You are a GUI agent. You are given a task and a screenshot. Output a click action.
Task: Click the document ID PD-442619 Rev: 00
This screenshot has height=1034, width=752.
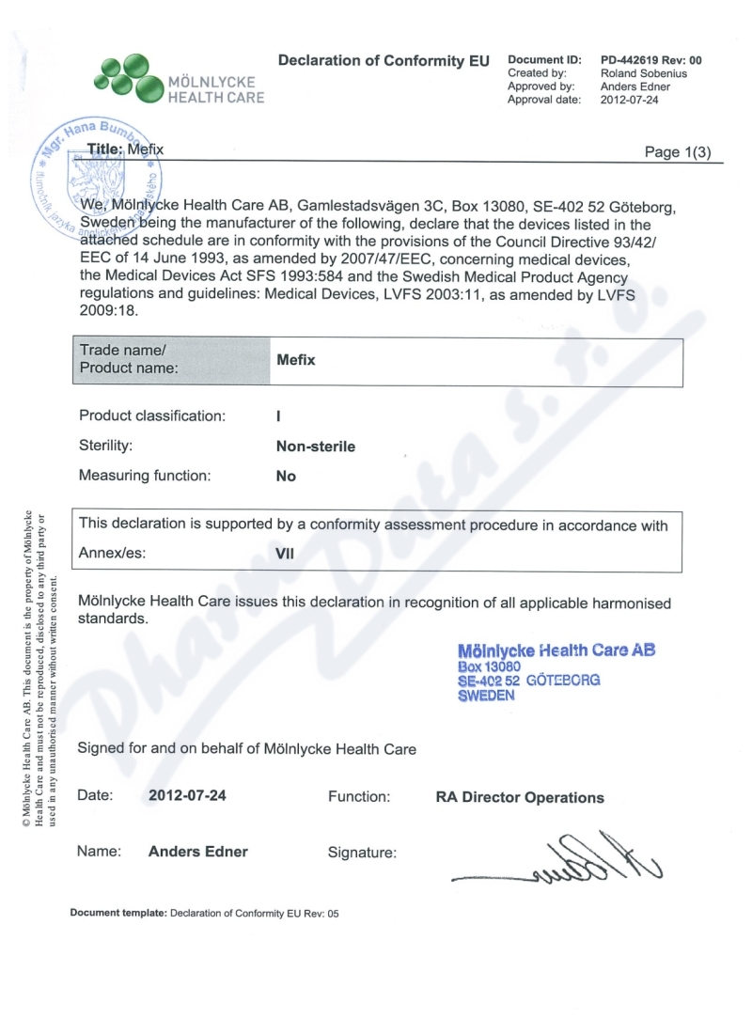(650, 60)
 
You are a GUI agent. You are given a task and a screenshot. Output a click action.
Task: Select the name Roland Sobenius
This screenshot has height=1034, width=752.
(640, 72)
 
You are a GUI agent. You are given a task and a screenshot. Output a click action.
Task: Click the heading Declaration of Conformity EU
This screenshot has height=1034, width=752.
(384, 60)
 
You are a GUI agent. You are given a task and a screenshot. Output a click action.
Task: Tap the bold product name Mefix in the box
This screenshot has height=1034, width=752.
(295, 360)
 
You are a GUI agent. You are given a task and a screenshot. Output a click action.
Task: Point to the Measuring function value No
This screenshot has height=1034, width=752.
(286, 476)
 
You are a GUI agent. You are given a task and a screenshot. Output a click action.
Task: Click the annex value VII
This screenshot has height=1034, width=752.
(285, 554)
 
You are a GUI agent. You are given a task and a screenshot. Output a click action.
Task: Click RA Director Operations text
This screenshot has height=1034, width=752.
(520, 797)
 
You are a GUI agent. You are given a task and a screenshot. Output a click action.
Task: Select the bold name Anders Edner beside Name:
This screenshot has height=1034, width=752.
(198, 852)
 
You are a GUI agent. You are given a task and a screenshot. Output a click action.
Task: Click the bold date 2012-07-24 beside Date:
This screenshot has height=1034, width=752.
(187, 796)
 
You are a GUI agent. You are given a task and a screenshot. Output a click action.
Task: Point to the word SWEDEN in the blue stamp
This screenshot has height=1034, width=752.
(486, 696)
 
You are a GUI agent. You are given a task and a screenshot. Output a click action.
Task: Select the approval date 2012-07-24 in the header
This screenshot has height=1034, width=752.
(630, 99)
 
